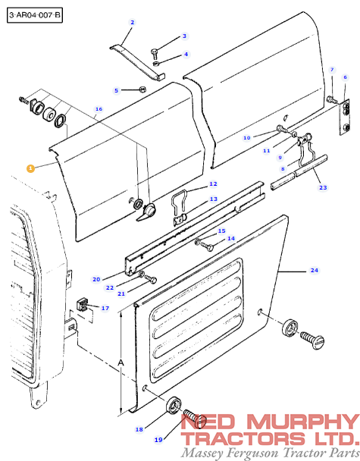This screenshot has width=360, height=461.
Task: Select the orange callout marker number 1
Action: pos(30,168)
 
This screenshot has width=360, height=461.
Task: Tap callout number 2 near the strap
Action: pos(132,23)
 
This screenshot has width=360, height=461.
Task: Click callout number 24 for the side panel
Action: pos(313,270)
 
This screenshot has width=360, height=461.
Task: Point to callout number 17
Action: pos(105,308)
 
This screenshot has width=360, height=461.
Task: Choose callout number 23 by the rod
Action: pos(322,187)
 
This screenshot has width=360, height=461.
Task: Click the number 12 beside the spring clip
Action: pos(213,184)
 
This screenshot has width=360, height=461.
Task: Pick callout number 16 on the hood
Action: pos(99,109)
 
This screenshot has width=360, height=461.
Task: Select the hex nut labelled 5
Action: pos(142,89)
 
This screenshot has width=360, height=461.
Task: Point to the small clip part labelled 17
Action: pos(83,307)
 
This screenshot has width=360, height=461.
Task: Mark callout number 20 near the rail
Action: pos(96,279)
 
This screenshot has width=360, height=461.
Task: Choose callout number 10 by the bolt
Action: pos(246,138)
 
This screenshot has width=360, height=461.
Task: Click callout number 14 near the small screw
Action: pos(230,238)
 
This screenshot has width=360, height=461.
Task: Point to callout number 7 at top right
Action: pos(331,70)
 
